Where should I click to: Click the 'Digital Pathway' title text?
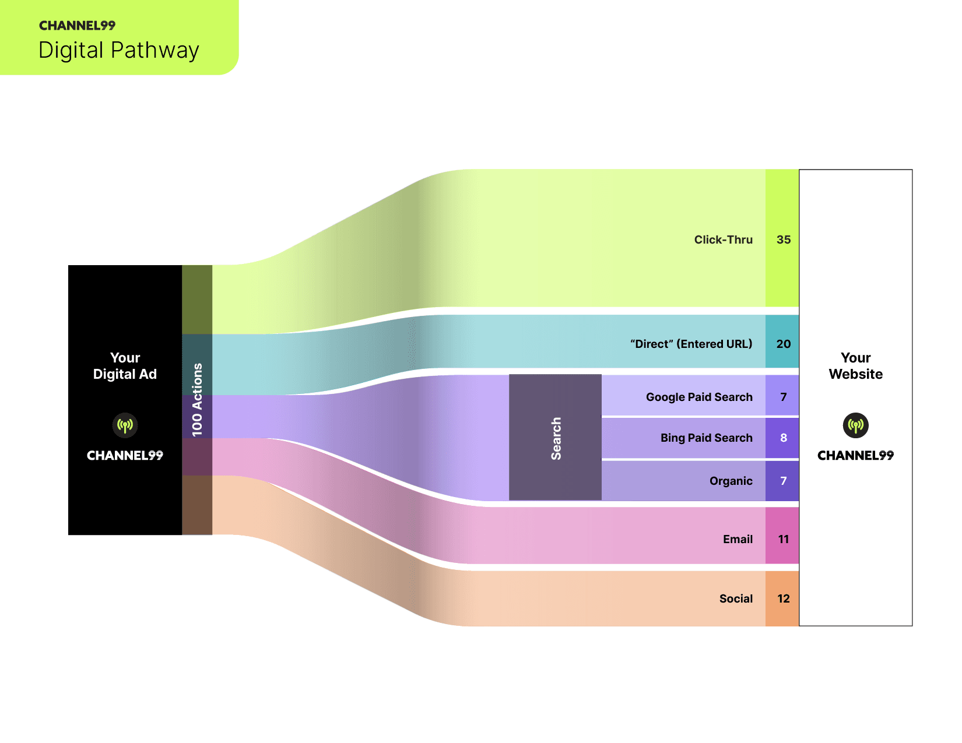click(118, 50)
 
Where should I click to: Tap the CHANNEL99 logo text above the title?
click(77, 26)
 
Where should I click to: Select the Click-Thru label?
click(723, 240)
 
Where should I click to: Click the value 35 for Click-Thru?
click(783, 240)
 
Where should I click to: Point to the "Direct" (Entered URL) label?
click(691, 344)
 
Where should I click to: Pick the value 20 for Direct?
click(783, 344)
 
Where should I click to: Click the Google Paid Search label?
click(699, 397)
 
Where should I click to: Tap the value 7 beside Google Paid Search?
click(783, 397)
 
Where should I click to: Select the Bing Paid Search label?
click(706, 438)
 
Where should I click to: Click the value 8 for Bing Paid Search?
click(783, 438)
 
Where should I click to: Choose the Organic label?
click(731, 481)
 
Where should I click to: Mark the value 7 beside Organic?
click(783, 481)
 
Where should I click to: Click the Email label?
click(738, 539)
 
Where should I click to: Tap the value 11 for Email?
click(783, 539)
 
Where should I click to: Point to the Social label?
click(736, 598)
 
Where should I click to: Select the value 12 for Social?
click(783, 598)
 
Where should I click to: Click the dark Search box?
click(555, 437)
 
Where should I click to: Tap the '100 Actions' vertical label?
click(197, 400)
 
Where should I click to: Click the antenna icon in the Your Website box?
click(855, 425)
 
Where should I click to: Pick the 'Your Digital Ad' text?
click(125, 366)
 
